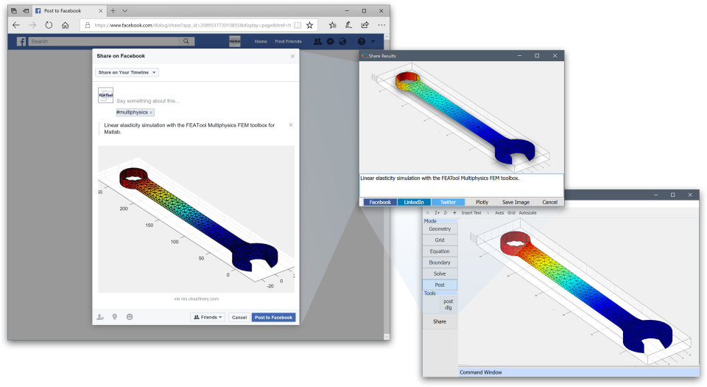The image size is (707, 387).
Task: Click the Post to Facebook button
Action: click(x=274, y=318)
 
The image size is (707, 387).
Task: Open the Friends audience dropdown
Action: click(x=208, y=318)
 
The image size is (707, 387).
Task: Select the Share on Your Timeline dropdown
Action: click(x=127, y=73)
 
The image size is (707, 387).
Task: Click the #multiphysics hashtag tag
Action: click(x=133, y=112)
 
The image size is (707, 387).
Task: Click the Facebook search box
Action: click(x=110, y=41)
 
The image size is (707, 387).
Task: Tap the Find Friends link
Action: click(x=288, y=41)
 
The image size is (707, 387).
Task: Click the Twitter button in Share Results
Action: click(x=449, y=202)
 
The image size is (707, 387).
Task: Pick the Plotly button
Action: click(x=482, y=202)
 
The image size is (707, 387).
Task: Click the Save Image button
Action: click(x=516, y=202)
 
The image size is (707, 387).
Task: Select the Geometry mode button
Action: click(x=440, y=229)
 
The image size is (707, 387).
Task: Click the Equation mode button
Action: click(x=440, y=251)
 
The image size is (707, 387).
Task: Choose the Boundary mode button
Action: click(x=440, y=262)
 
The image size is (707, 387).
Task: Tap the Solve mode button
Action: click(x=440, y=273)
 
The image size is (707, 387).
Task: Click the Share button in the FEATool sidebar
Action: click(x=440, y=321)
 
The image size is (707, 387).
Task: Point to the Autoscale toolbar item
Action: click(x=527, y=213)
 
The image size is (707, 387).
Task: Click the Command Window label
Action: click(x=480, y=372)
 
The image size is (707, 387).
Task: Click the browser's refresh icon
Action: click(x=49, y=25)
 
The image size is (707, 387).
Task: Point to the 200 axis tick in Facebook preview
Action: click(x=124, y=209)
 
